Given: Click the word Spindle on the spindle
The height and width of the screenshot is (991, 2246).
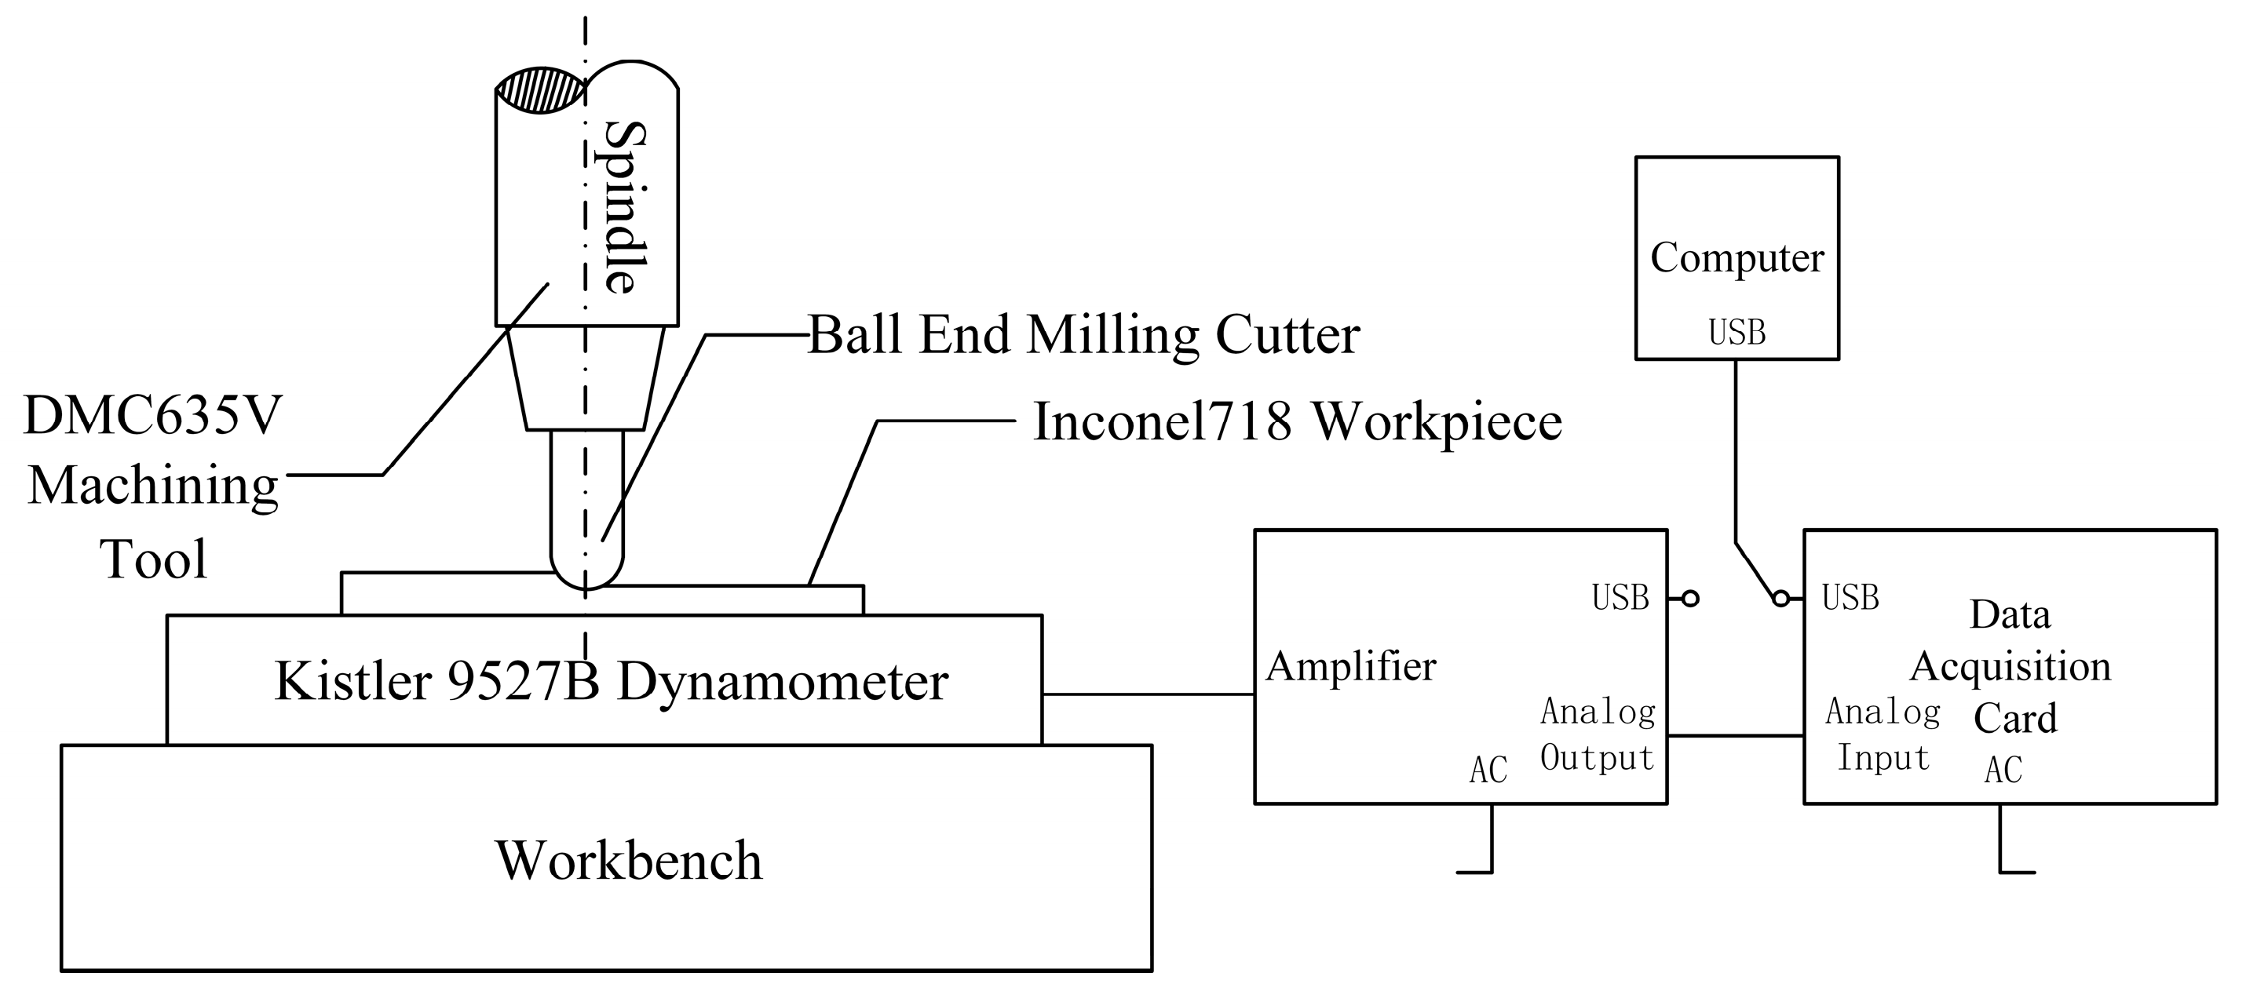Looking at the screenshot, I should click(626, 207).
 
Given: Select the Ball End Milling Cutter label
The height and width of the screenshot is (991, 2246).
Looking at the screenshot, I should click(1083, 335).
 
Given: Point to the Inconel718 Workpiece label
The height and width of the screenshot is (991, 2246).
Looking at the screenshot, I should click(1297, 422).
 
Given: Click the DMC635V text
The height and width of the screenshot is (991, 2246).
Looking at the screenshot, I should click(153, 416).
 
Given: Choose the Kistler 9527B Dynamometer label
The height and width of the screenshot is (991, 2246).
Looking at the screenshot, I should click(612, 681).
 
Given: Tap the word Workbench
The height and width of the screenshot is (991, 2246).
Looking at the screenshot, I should click(629, 860).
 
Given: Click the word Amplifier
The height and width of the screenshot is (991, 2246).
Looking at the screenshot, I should click(1350, 667).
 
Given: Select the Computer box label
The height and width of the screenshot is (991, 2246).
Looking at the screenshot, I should click(1737, 258).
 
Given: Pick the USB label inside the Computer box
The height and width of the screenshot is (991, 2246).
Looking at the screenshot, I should click(1737, 333).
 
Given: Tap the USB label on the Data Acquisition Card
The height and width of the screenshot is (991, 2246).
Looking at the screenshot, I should click(1850, 598).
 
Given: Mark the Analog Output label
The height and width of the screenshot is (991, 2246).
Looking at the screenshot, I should click(1598, 734).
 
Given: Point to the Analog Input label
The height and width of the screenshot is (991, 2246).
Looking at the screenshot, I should click(1883, 734).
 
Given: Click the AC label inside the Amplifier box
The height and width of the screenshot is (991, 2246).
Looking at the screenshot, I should click(1488, 771).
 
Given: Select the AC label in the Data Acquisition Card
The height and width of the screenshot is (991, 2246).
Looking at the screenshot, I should click(2003, 771).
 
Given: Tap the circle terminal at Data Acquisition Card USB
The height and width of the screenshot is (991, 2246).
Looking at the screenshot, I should click(1781, 599).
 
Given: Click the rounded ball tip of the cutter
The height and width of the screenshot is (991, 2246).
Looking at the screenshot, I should click(586, 575).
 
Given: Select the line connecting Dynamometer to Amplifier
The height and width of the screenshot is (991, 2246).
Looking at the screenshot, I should click(1148, 694).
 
